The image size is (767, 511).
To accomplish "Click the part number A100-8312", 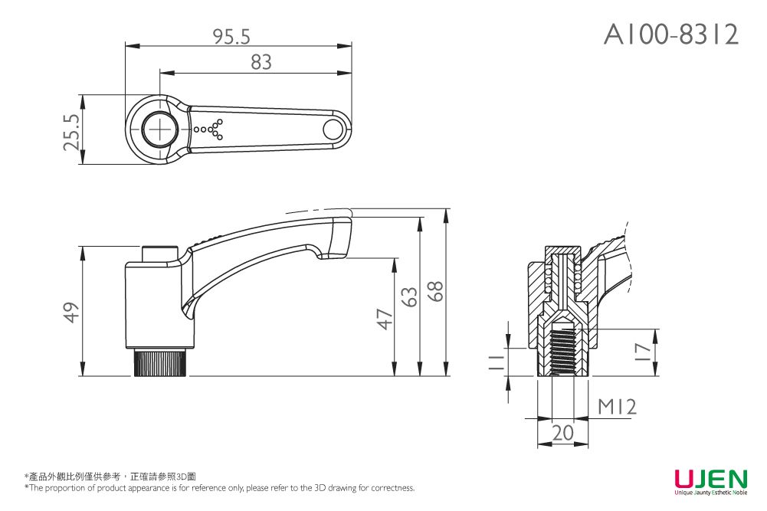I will [671, 34].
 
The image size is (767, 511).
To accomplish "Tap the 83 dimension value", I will [261, 63].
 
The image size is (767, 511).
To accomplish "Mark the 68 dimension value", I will [436, 291].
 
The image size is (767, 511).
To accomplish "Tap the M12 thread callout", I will [617, 407].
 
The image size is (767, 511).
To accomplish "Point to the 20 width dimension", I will [562, 433].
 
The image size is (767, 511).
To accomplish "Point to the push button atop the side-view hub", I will [160, 254].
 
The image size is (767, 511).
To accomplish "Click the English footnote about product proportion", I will [220, 488].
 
